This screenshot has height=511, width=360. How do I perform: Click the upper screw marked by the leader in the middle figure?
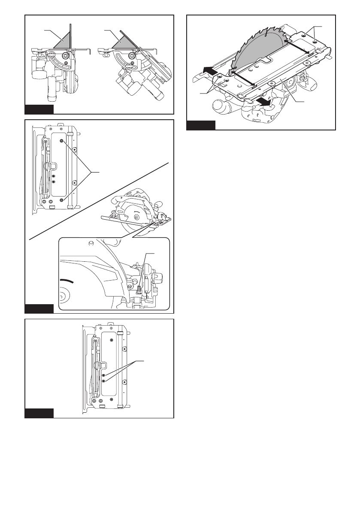point(62,141)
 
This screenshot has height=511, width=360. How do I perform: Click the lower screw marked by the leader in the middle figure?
point(62,200)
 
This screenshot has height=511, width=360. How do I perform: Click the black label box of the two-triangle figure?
point(39,109)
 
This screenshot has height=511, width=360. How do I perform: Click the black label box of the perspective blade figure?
point(201,125)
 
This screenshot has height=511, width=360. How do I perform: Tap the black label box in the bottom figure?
point(39,413)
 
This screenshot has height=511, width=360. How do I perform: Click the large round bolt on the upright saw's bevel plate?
point(66,55)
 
